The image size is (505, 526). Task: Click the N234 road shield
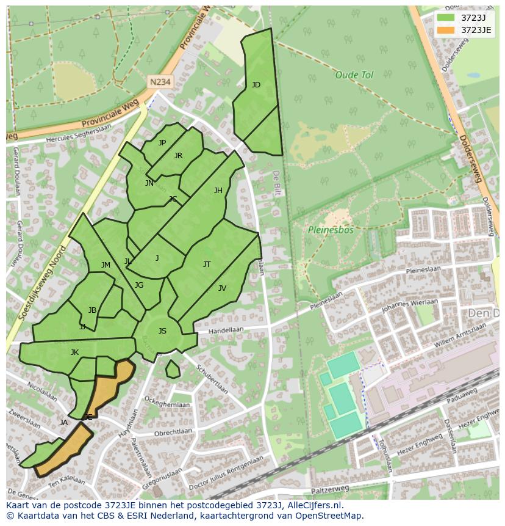click(x=159, y=81)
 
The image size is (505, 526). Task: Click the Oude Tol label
click(x=354, y=75)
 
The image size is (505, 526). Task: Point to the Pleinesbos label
click(x=330, y=230)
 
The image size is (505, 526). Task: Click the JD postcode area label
click(x=256, y=85)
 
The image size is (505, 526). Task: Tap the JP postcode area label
click(x=162, y=143)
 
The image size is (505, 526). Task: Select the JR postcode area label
click(x=178, y=156)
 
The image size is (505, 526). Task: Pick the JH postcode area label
click(x=218, y=191)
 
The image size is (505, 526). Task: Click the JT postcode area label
click(x=207, y=265)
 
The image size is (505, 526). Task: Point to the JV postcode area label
click(x=222, y=288)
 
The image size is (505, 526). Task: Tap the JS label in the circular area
click(x=162, y=331)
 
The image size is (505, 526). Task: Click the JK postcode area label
click(x=74, y=352)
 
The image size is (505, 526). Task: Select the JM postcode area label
click(x=106, y=265)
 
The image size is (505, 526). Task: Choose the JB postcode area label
click(x=92, y=310)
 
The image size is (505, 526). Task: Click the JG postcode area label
click(x=139, y=285)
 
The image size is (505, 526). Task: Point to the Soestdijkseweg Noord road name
click(x=42, y=284)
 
